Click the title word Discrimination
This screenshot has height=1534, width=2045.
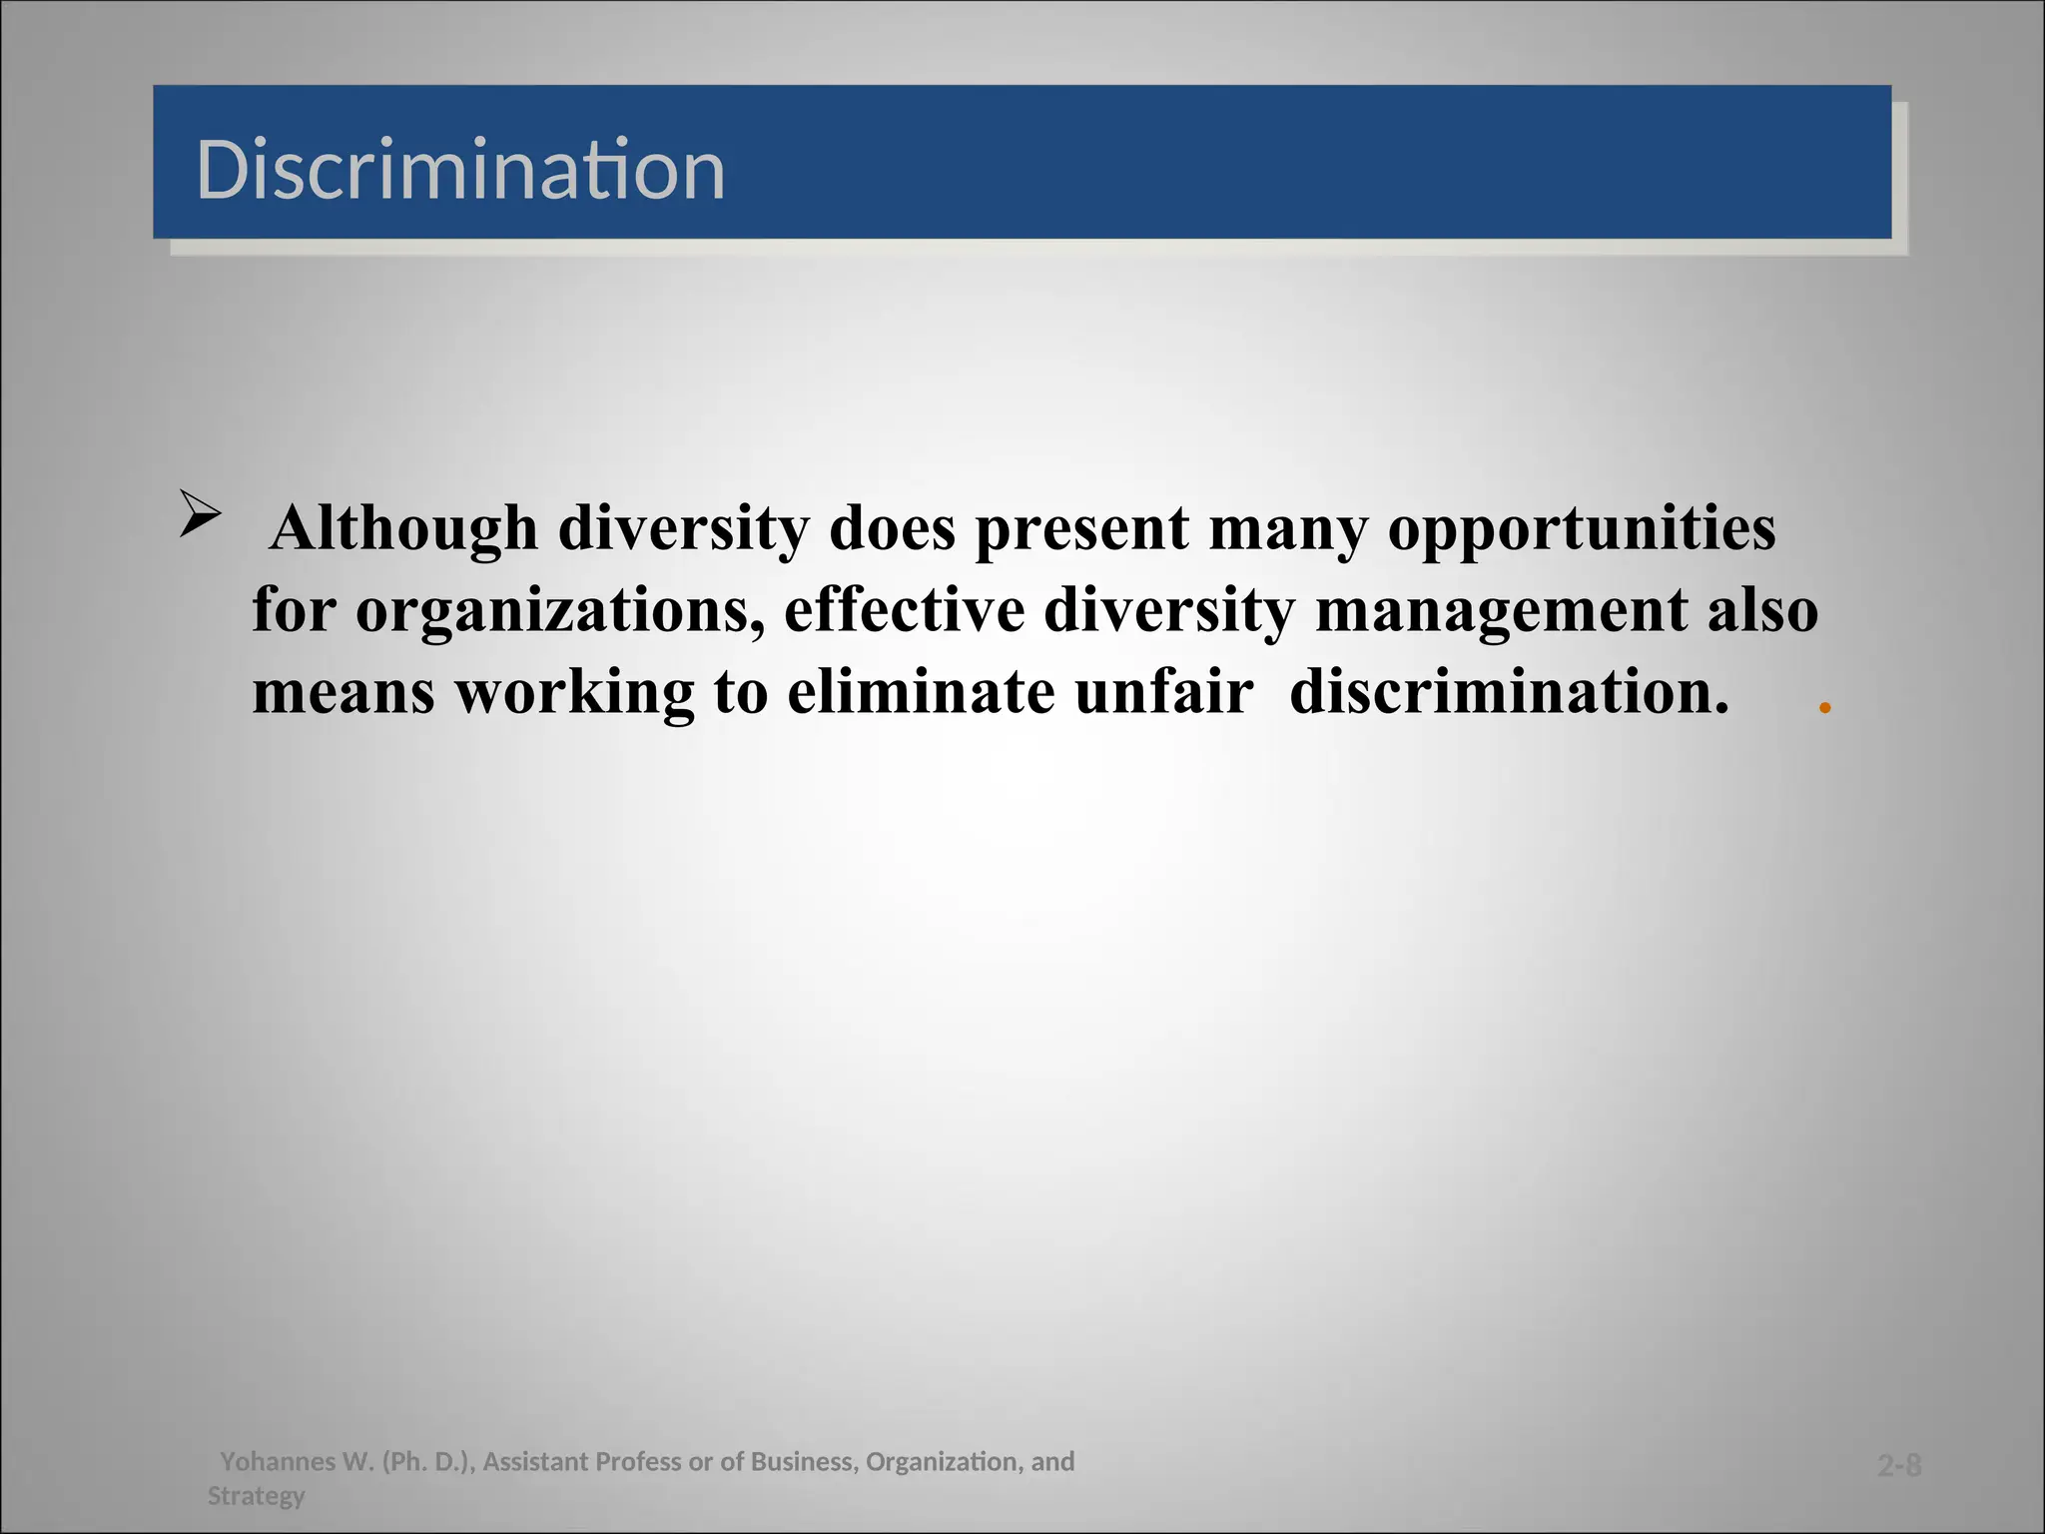460,170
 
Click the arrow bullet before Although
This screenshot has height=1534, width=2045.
200,515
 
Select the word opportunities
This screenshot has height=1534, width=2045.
1582,529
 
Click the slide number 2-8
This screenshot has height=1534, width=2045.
1899,1466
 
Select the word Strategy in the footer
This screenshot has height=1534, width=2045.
256,1496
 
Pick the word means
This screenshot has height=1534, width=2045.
342,693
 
